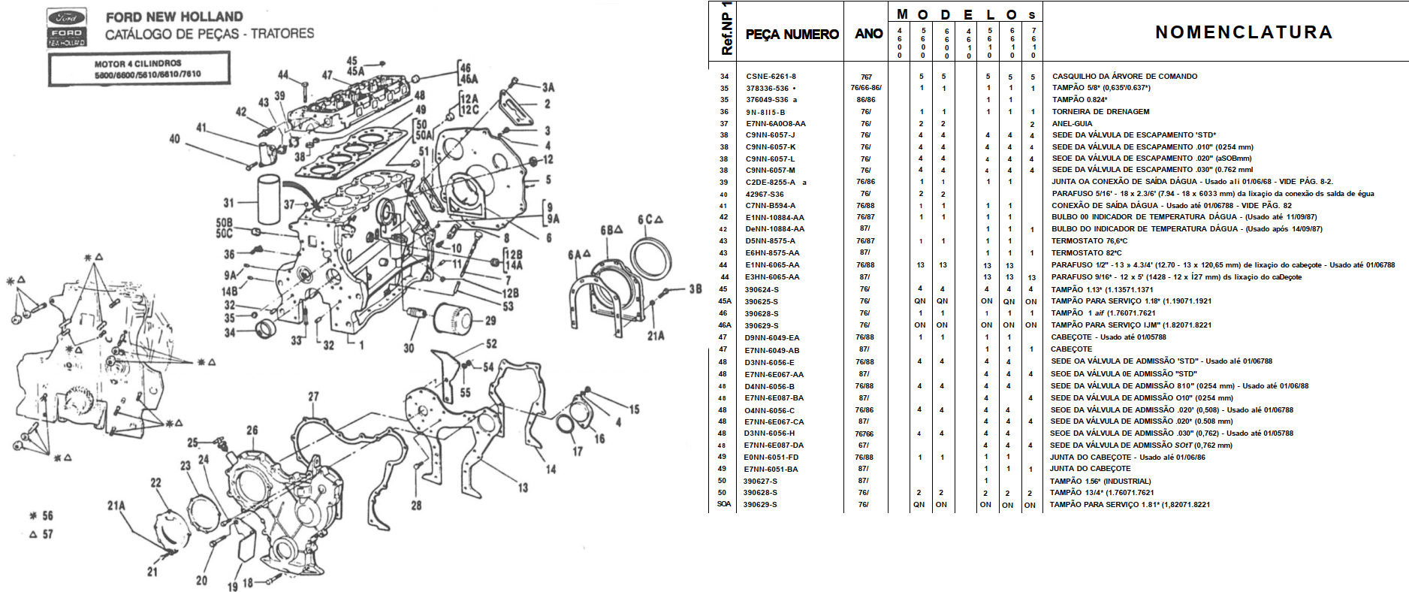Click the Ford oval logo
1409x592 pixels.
(x=67, y=17)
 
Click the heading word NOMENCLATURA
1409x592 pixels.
(x=1244, y=32)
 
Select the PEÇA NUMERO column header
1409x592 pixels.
(x=792, y=34)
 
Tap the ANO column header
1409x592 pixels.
(x=868, y=34)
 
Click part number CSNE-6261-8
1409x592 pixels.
(x=771, y=76)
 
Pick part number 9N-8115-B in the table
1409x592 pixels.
(x=765, y=112)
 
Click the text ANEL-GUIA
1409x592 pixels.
(x=1072, y=124)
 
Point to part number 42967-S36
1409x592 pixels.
(x=765, y=194)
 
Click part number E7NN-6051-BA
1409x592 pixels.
(x=771, y=469)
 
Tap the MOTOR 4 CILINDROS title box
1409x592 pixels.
(x=140, y=69)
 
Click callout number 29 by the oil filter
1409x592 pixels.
(x=490, y=321)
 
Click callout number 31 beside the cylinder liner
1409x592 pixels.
(x=229, y=202)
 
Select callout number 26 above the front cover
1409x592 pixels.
(x=252, y=430)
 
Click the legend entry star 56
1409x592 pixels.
(x=41, y=515)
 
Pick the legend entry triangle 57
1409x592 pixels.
(x=41, y=534)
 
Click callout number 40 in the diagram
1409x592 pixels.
(x=175, y=139)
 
